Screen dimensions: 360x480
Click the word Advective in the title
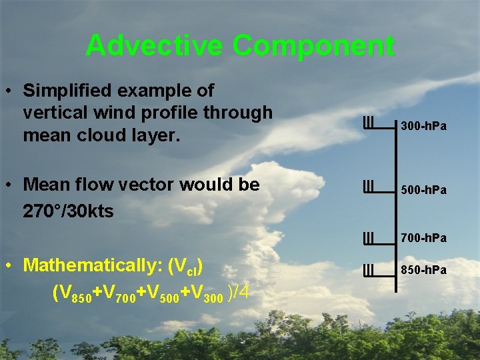155,46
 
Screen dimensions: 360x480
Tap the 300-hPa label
423,126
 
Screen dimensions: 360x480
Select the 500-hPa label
423,190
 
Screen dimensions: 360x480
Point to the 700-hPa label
423,238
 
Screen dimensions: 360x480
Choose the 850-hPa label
423,270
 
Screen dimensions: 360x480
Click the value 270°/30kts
69,212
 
